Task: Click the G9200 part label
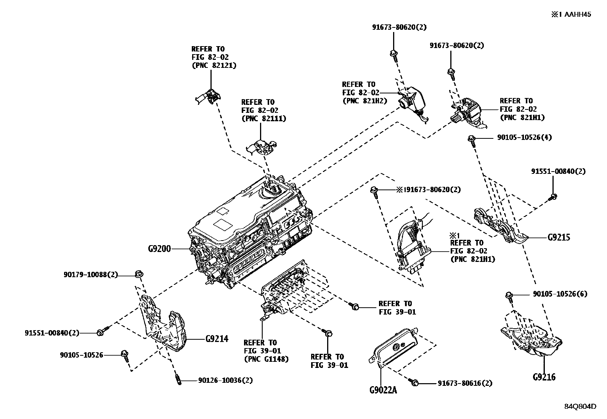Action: (x=159, y=249)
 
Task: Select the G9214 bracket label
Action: (x=217, y=339)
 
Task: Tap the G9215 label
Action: (x=559, y=238)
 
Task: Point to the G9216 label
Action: (x=544, y=377)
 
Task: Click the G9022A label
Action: (x=383, y=390)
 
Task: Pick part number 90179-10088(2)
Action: (x=91, y=275)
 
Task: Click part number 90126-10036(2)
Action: (x=225, y=380)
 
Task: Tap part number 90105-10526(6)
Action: (x=560, y=294)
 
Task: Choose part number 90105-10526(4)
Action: (x=524, y=137)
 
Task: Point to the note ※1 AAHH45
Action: (x=571, y=15)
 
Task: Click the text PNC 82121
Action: (x=214, y=66)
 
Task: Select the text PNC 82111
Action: (x=263, y=119)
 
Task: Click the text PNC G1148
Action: (x=266, y=359)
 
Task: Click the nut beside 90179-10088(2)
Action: (x=139, y=274)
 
